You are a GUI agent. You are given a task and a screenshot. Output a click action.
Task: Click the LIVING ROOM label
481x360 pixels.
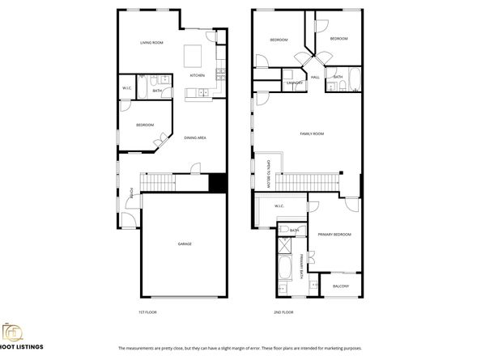coord(151,42)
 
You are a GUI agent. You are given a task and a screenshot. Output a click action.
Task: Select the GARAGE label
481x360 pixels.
coord(185,244)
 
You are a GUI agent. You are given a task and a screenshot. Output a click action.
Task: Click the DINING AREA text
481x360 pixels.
coord(195,138)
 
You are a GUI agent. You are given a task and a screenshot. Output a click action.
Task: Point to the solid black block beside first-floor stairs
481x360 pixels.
coord(217,184)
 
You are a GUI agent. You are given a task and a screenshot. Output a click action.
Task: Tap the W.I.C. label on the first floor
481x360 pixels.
coord(127,87)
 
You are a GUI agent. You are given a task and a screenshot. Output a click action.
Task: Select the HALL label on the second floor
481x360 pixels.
coord(314,77)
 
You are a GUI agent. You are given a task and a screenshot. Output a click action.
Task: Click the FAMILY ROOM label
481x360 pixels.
coord(311,133)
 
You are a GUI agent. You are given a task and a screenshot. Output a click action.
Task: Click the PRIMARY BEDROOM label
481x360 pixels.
coord(334,234)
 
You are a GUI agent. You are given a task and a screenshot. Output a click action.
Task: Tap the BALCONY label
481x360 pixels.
coord(341,286)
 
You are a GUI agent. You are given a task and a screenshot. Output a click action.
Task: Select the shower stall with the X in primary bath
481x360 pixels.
coord(286,247)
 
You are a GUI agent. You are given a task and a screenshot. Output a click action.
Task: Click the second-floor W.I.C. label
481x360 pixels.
coord(279,205)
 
